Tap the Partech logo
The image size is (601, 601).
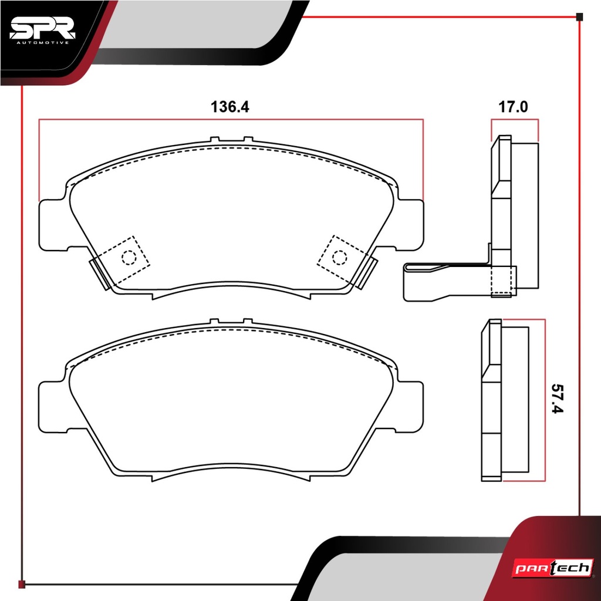click(553, 568)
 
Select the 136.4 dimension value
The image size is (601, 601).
click(230, 107)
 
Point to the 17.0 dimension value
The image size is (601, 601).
click(513, 107)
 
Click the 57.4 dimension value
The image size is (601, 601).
click(558, 399)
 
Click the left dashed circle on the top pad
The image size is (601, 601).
click(129, 257)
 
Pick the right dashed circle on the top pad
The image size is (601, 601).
click(339, 257)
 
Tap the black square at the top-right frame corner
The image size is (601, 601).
click(579, 17)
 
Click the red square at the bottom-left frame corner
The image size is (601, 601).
click(22, 584)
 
